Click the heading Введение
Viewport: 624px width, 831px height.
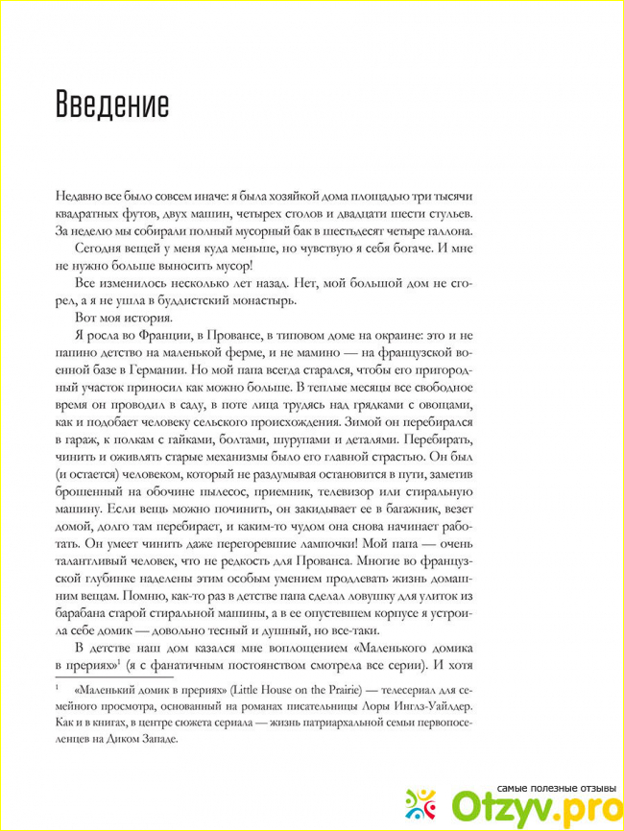tap(112, 103)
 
